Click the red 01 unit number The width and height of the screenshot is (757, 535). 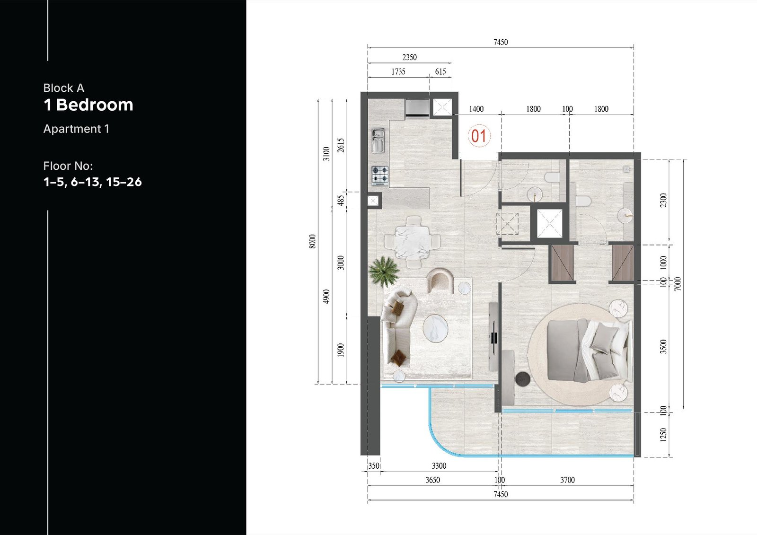click(479, 136)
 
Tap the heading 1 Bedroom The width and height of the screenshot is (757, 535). click(88, 105)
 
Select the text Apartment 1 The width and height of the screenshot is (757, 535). click(76, 129)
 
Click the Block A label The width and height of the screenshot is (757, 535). click(63, 88)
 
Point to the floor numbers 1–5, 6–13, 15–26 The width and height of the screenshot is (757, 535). click(92, 182)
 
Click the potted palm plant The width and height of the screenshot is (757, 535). click(384, 271)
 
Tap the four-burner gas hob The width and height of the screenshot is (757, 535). click(380, 175)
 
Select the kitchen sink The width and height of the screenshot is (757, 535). click(378, 140)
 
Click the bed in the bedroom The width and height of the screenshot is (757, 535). click(590, 351)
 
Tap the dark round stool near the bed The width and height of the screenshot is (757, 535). click(523, 379)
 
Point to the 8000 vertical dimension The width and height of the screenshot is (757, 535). click(312, 241)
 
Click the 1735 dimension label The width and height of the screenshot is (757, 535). click(398, 71)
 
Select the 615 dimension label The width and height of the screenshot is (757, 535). click(440, 71)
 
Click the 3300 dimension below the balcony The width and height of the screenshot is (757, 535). click(439, 466)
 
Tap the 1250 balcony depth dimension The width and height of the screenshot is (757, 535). click(663, 435)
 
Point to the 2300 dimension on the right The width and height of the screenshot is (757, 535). click(663, 200)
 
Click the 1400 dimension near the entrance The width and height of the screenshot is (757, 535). click(476, 109)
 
